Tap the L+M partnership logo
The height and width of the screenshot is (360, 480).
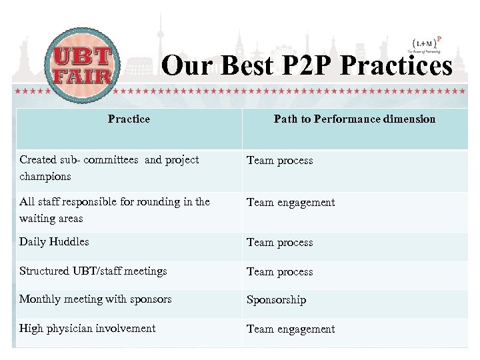[425, 45]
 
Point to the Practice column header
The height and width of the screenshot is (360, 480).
[129, 119]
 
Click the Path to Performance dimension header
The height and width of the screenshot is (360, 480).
[354, 119]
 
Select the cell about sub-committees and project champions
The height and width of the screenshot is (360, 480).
[109, 168]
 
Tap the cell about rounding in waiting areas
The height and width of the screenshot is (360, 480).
[114, 210]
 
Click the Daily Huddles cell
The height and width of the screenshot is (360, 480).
[54, 242]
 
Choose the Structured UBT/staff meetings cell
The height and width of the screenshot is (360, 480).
[93, 271]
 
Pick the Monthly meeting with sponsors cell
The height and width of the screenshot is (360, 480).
[95, 299]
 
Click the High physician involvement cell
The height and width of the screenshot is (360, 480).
[87, 329]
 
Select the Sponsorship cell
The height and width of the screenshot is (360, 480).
[276, 300]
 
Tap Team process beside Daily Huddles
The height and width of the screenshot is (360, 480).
[279, 243]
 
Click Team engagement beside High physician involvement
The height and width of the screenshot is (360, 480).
[291, 329]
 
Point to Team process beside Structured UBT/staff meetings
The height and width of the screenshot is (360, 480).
[279, 272]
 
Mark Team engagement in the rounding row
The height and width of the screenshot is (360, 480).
[291, 203]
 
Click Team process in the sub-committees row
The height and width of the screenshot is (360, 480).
[279, 161]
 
